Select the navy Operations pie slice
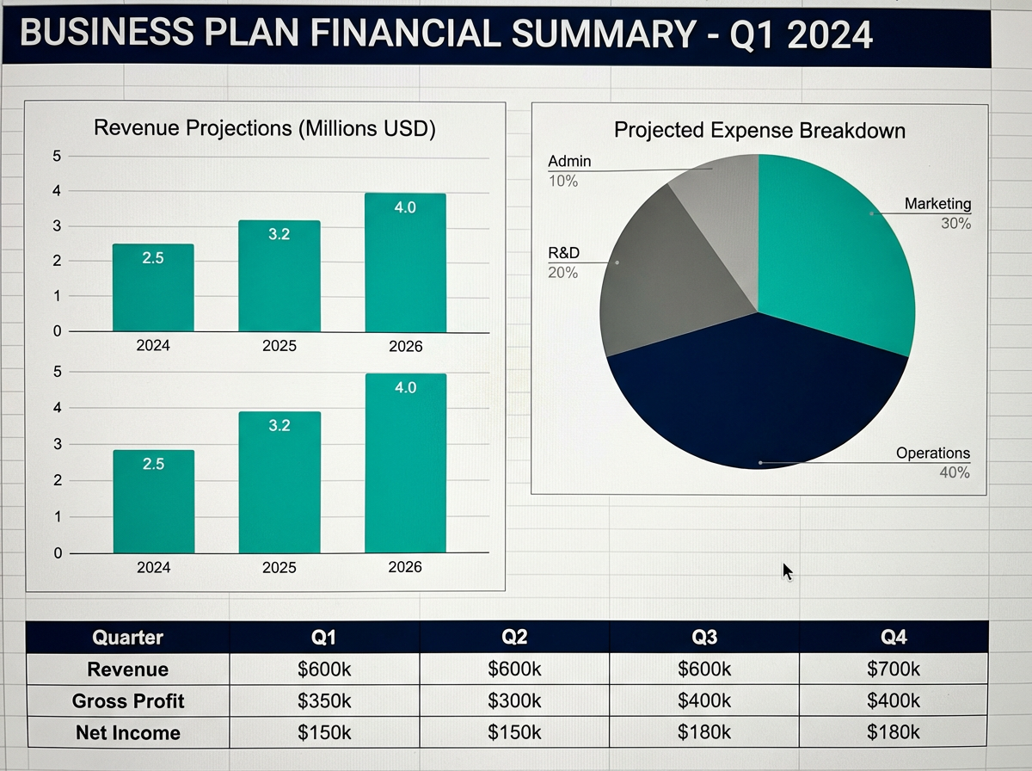point(757,396)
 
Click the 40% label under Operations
point(954,472)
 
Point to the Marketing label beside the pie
point(937,204)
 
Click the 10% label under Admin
point(563,182)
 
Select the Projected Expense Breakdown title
point(759,131)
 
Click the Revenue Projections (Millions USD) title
point(265,129)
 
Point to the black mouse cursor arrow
point(786,571)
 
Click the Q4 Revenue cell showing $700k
point(894,669)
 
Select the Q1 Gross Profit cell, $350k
point(324,701)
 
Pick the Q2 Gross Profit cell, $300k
point(514,701)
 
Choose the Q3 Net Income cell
point(704,732)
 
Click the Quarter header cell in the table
point(127,638)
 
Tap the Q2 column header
point(514,638)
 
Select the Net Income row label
point(127,733)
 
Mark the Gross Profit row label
point(127,701)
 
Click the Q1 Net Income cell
point(324,732)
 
